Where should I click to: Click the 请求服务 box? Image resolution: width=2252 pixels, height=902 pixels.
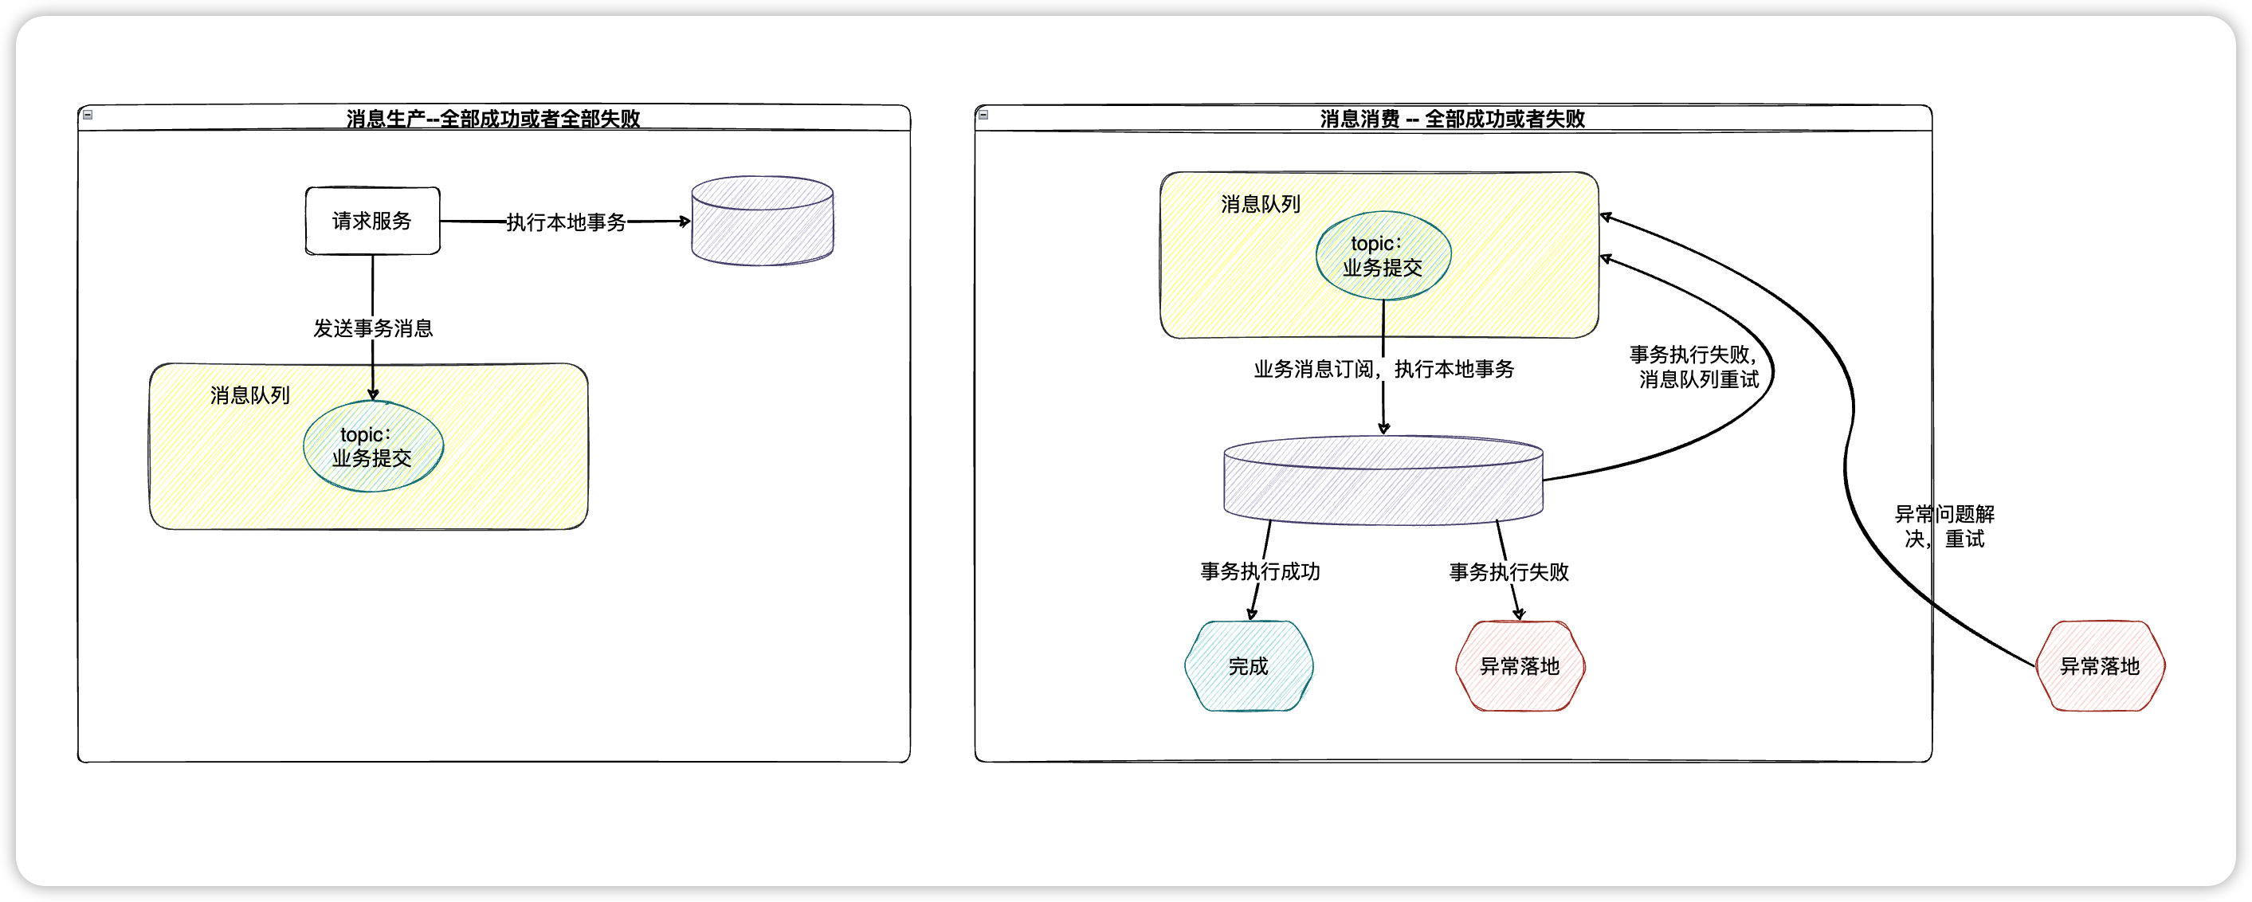click(x=372, y=222)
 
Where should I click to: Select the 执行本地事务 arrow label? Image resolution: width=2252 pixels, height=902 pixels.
click(x=566, y=223)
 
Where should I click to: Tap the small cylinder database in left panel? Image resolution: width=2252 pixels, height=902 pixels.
click(x=763, y=222)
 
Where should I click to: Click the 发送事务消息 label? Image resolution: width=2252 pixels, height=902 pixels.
click(x=373, y=328)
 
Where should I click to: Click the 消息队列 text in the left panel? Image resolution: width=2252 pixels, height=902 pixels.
click(x=250, y=396)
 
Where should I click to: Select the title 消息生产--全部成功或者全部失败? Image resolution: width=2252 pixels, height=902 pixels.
click(x=493, y=119)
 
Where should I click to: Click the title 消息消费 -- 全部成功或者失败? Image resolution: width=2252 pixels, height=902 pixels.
click(x=1452, y=119)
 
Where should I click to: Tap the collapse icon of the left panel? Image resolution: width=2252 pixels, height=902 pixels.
click(x=88, y=115)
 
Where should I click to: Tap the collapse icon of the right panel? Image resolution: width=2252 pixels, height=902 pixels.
click(x=983, y=115)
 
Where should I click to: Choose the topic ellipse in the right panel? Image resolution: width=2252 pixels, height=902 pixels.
click(x=1383, y=256)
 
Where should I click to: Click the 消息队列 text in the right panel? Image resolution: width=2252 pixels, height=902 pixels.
click(x=1261, y=205)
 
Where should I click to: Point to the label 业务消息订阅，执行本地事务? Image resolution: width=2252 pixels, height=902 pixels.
click(x=1383, y=370)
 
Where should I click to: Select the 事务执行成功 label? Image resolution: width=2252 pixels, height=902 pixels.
click(x=1260, y=571)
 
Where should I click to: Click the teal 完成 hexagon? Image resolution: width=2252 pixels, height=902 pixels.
click(x=1249, y=666)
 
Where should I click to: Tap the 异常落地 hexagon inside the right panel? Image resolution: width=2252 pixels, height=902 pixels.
click(x=1520, y=666)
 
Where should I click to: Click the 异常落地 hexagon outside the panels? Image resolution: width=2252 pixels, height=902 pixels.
click(x=2100, y=666)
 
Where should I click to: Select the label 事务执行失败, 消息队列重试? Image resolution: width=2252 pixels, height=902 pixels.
click(x=1694, y=367)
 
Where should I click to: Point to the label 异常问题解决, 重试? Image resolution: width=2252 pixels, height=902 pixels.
click(x=1944, y=526)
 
